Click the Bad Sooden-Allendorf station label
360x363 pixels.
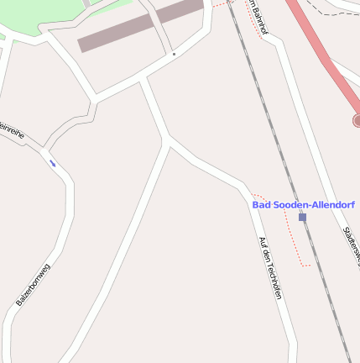[x=303, y=204]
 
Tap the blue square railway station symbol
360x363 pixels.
[x=302, y=217]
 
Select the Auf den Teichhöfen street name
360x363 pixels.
[x=269, y=267]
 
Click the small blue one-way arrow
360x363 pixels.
[x=53, y=163]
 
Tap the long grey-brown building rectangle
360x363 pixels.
[x=140, y=25]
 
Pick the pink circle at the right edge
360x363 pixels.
[x=357, y=121]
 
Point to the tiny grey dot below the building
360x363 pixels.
[x=174, y=55]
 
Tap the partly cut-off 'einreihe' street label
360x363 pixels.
[x=13, y=134]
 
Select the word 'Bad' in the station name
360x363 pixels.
[x=262, y=204]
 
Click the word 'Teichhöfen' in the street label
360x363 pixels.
[x=272, y=277]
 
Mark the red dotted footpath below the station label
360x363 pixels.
[x=294, y=239]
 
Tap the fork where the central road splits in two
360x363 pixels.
[x=169, y=141]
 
